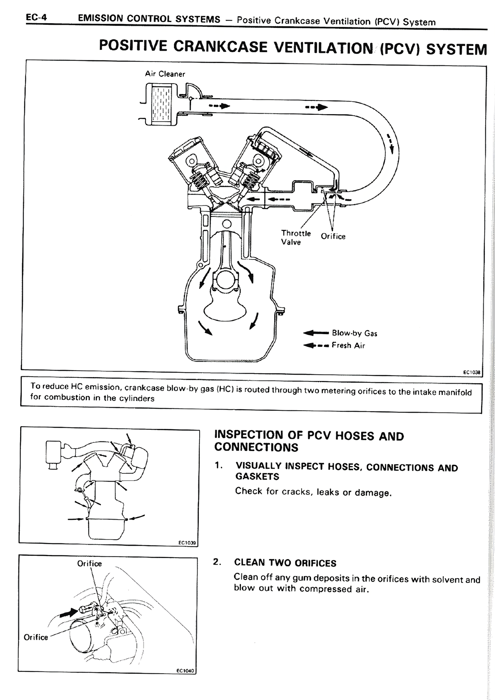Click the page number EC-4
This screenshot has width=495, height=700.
36,17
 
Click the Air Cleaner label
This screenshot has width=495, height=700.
165,74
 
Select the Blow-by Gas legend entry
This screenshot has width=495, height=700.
354,333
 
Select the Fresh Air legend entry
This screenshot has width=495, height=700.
348,345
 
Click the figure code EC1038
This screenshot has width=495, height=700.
471,372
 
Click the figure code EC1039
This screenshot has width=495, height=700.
188,543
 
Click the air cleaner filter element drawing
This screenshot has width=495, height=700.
162,104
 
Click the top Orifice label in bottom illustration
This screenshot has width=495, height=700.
89,563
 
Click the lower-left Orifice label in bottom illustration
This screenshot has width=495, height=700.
36,637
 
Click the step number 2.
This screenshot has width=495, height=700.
217,562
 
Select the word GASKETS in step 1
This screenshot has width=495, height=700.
257,476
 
